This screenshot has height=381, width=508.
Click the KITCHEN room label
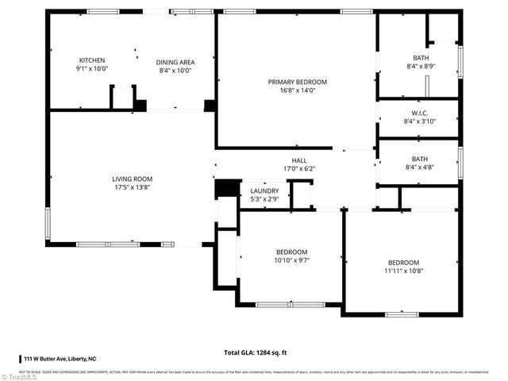[x=91, y=61]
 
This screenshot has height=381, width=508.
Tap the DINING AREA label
[x=175, y=62]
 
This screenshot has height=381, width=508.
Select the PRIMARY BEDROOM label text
[x=297, y=82]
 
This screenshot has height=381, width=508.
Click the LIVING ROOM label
[x=132, y=179]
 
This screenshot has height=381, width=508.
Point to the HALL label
[x=299, y=160]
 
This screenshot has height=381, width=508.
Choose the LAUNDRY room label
[x=264, y=190]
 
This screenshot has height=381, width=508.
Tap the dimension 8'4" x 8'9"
[x=420, y=67]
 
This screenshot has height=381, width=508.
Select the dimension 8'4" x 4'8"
[x=420, y=167]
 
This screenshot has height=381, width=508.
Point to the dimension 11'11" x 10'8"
[x=403, y=271]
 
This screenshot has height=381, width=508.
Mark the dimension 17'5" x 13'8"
[x=132, y=188]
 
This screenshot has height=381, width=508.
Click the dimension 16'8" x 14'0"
[x=297, y=90]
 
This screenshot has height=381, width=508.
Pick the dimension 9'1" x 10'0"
[x=91, y=70]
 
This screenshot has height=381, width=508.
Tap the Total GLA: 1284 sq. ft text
[x=254, y=352]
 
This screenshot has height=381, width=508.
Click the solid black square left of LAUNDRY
[x=227, y=188]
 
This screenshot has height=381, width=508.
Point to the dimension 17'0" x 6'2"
[x=299, y=168]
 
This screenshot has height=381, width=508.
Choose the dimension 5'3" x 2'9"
[x=264, y=199]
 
